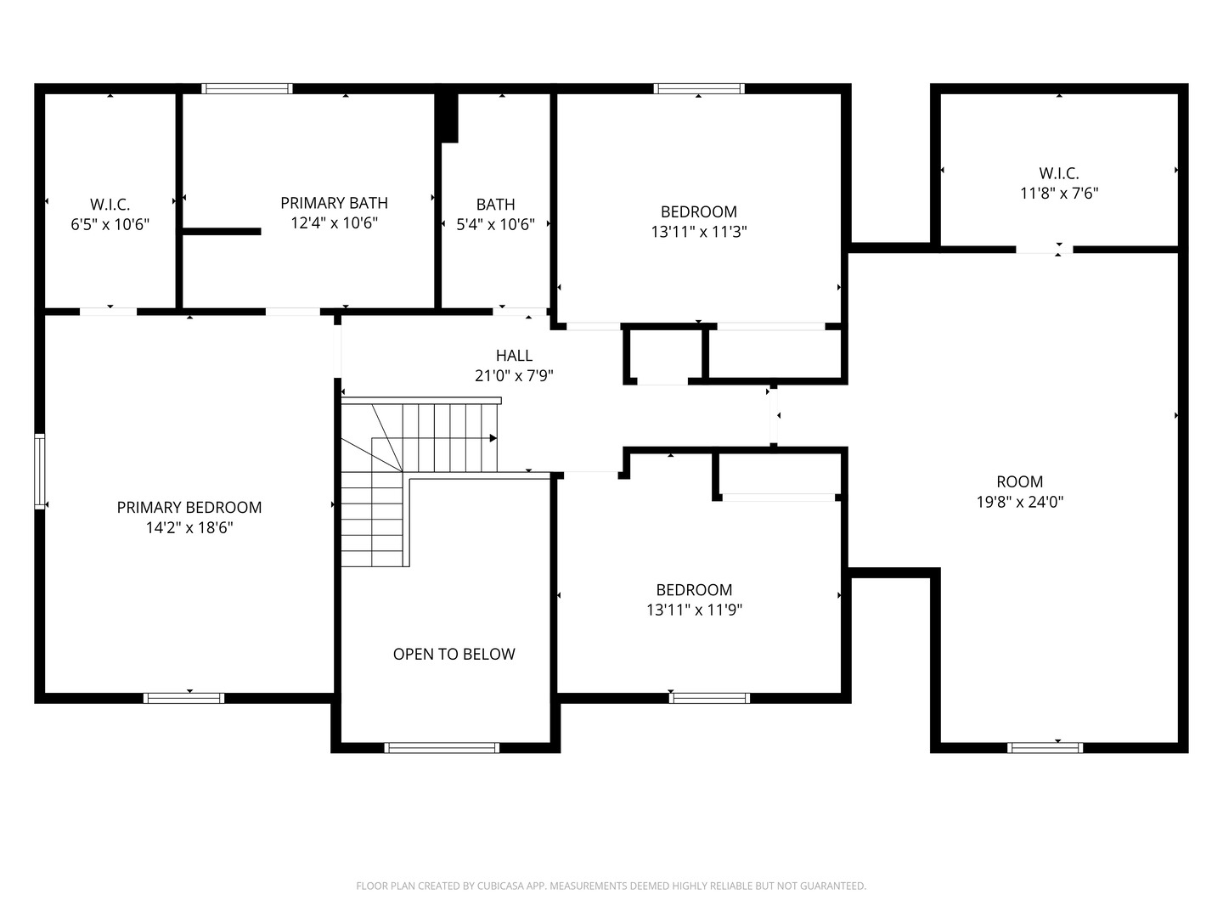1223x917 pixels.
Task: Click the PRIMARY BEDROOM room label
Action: (189, 508)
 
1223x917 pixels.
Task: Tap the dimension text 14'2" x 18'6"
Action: (189, 528)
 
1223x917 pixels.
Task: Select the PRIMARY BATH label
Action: (334, 203)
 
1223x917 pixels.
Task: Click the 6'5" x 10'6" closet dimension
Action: (110, 225)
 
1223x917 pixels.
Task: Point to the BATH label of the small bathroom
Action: (495, 205)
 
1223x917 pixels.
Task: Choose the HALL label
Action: (514, 356)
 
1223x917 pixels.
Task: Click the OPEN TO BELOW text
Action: (454, 655)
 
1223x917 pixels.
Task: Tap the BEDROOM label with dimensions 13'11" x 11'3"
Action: (698, 212)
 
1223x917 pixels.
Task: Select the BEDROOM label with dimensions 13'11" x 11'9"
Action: (694, 590)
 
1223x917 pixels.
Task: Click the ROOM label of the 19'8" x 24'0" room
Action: (1019, 481)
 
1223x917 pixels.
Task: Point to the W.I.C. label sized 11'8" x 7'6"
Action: (1058, 174)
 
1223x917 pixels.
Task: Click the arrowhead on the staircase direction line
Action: (493, 438)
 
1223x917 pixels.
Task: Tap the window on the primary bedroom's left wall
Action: (39, 471)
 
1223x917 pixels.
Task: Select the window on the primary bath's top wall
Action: (246, 88)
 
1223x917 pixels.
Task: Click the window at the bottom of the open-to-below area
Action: (442, 748)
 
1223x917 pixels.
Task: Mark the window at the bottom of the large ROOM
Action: (1045, 748)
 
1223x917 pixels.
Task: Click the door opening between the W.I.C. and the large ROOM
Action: (1044, 250)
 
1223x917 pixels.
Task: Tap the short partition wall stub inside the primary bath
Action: (222, 231)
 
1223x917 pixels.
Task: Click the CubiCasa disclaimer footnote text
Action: (611, 886)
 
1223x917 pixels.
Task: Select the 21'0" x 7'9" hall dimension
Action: (514, 376)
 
